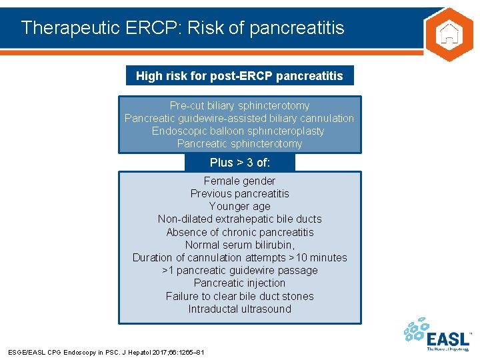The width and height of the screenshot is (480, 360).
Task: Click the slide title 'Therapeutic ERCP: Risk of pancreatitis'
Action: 183,27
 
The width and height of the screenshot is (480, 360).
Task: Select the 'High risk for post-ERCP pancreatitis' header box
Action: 239,75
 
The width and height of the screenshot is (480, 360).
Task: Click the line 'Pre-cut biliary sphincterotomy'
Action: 239,105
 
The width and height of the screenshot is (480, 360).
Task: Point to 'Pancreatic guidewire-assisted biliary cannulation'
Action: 239,118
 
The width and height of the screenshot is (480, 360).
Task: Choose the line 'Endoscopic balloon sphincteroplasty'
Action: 239,131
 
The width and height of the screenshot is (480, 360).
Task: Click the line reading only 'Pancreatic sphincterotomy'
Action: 239,143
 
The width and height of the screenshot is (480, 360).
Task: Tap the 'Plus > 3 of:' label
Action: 239,163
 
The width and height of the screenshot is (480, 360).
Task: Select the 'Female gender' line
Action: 239,181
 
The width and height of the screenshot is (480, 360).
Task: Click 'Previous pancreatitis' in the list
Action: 239,193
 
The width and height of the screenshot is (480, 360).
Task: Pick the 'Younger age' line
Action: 239,206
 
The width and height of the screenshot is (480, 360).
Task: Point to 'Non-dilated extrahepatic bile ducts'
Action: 239,219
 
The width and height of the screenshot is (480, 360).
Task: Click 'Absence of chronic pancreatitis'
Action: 239,232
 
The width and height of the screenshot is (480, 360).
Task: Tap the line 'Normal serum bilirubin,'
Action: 239,245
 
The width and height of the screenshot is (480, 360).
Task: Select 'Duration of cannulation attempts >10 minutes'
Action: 239,257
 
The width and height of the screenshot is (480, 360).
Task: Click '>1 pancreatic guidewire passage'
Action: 239,270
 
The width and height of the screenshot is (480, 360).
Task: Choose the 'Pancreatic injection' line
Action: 239,283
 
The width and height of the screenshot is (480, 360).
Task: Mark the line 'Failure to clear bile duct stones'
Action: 239,296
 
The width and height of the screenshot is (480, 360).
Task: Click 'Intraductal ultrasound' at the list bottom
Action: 239,309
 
